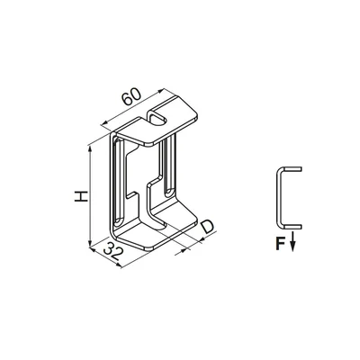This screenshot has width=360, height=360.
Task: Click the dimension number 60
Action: [131, 94]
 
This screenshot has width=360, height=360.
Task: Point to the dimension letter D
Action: [208, 227]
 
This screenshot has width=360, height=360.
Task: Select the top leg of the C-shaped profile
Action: [291, 170]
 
